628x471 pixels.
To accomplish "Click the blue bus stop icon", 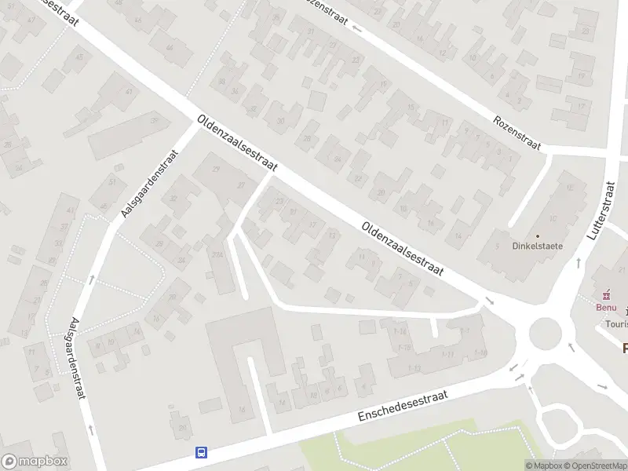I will [x=202, y=452].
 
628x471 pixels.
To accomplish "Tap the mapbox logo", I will [x=35, y=462].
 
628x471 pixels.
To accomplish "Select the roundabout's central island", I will [x=548, y=337].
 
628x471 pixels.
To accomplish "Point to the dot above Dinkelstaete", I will [x=538, y=235].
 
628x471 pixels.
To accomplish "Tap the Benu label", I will [x=606, y=307].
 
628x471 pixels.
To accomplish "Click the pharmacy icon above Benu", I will [x=606, y=295].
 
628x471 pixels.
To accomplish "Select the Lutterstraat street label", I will [x=599, y=210].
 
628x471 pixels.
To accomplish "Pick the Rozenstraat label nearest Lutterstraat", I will [x=517, y=134].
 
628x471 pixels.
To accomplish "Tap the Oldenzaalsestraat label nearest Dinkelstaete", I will [x=402, y=249].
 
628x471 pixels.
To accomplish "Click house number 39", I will [x=155, y=121].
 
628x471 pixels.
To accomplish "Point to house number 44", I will [x=170, y=48].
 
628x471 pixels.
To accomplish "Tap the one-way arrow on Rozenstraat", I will [x=358, y=29].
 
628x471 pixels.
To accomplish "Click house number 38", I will [x=223, y=81].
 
